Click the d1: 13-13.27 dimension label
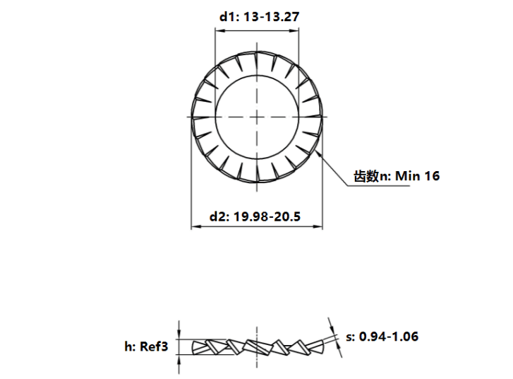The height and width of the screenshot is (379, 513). click(x=259, y=17)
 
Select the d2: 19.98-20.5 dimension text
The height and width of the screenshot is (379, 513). click(x=255, y=216)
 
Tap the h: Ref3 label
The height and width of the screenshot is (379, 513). click(x=146, y=346)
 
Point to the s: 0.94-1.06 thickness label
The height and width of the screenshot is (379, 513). click(x=382, y=337)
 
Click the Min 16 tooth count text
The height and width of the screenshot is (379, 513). click(x=418, y=176)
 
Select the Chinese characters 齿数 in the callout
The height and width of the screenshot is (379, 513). click(x=366, y=176)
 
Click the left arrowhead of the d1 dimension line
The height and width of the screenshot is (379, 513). click(x=219, y=31)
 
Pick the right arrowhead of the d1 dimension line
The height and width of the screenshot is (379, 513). click(x=294, y=31)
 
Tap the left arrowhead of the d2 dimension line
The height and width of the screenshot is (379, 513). click(x=195, y=226)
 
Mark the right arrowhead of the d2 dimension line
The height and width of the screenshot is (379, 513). click(x=318, y=226)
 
